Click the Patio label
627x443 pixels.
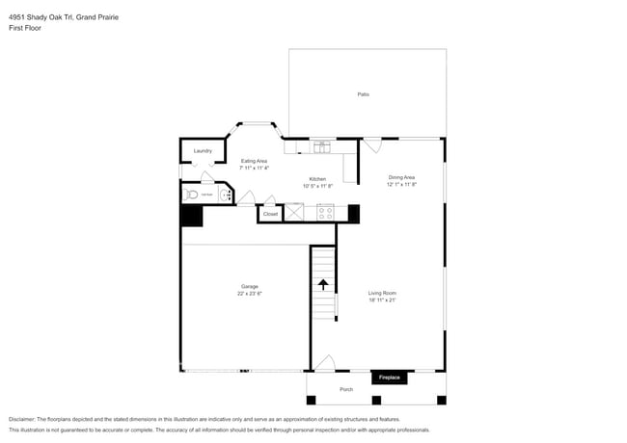point(364,94)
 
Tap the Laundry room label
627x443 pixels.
point(203,151)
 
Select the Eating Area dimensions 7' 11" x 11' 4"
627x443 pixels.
point(255,168)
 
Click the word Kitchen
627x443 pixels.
point(317,179)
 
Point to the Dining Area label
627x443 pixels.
point(401,177)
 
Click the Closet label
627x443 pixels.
point(270,214)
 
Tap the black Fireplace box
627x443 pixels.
point(389,378)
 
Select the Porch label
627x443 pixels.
point(346,389)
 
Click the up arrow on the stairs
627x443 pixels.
point(323,284)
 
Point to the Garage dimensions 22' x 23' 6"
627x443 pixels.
point(250,293)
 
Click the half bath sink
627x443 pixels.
point(225,195)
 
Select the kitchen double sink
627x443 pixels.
point(321,146)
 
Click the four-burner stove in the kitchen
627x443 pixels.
point(325,213)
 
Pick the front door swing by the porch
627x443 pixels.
point(325,363)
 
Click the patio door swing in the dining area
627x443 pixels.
point(371,145)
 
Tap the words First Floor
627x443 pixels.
point(25,28)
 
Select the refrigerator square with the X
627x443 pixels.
point(293,213)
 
